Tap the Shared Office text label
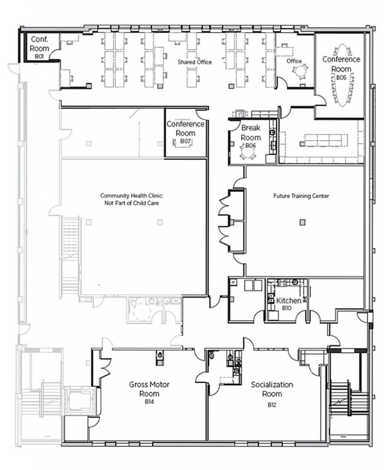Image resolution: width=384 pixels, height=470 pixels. point(195,62)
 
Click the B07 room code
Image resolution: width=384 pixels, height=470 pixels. point(185,141)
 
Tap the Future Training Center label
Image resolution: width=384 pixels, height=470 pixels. point(301,196)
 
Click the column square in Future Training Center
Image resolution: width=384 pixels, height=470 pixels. point(302,223)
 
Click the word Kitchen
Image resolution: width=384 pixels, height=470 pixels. point(288,301)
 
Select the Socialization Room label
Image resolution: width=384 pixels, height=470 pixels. point(272,389)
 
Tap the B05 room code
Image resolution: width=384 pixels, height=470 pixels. point(341,78)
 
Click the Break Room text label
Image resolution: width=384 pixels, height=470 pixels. point(251,133)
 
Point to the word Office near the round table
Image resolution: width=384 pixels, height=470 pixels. point(294,61)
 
